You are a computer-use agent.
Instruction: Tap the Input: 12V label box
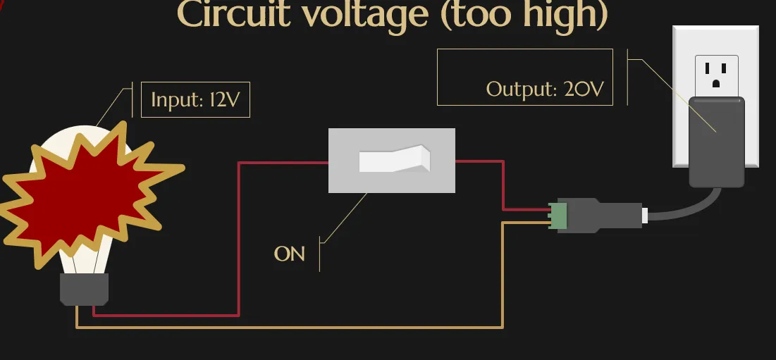click(195, 101)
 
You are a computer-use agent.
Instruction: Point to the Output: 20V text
click(545, 89)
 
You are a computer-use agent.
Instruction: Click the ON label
click(289, 254)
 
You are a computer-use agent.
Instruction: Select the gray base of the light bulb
click(84, 289)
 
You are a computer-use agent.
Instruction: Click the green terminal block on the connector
click(559, 216)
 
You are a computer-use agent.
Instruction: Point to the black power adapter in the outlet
click(716, 141)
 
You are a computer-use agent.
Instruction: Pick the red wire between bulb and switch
click(239, 240)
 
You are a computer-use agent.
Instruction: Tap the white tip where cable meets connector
click(644, 215)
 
